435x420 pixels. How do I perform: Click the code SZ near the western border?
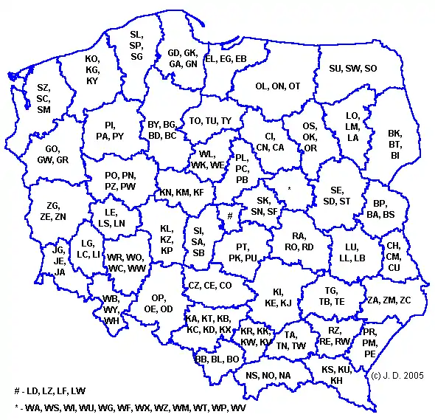tap(43, 88)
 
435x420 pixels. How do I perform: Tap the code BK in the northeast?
tap(395, 134)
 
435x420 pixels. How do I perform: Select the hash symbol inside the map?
tap(231, 216)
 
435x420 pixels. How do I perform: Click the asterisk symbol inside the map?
tap(289, 190)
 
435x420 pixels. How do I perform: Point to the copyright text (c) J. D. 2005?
tap(399, 376)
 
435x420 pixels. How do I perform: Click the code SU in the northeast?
tap(336, 69)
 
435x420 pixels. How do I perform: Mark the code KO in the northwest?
tap(92, 58)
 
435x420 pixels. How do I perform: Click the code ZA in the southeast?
tap(373, 300)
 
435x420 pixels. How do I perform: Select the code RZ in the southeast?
tap(335, 331)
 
